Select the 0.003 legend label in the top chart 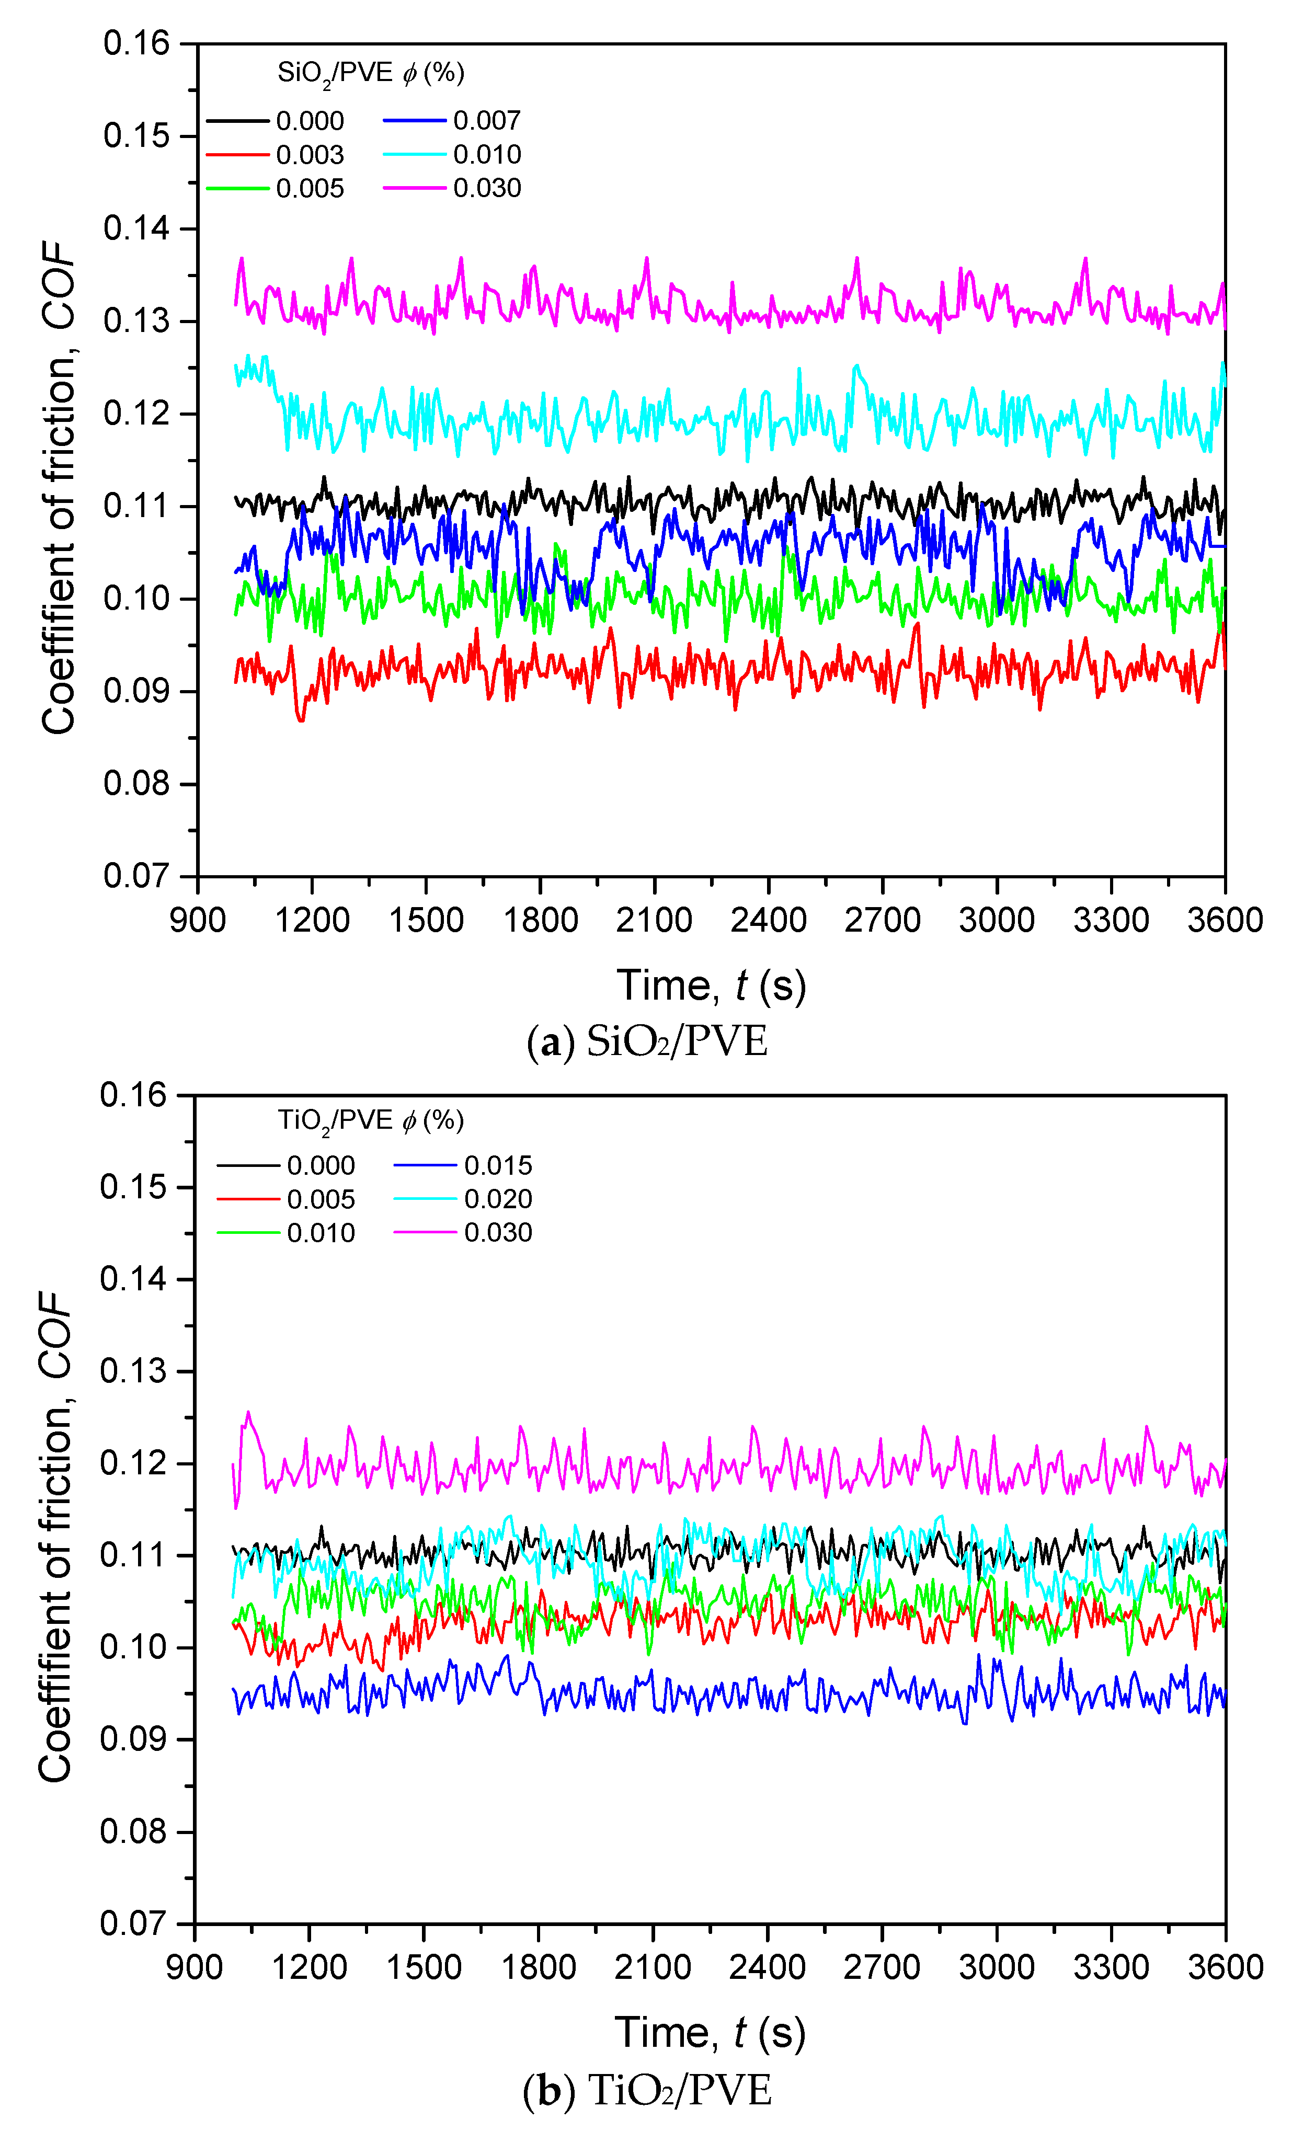pyautogui.click(x=310, y=155)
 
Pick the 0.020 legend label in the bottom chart pyautogui.click(x=497, y=1199)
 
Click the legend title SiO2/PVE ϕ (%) pyautogui.click(x=370, y=73)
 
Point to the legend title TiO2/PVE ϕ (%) pyautogui.click(x=370, y=1121)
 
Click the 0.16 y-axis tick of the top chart pyautogui.click(x=136, y=43)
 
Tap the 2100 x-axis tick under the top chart pyautogui.click(x=654, y=919)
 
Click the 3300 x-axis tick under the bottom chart pyautogui.click(x=1111, y=1967)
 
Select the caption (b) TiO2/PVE pyautogui.click(x=647, y=2090)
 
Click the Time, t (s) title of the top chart pyautogui.click(x=711, y=985)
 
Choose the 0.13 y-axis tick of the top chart pyautogui.click(x=136, y=322)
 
